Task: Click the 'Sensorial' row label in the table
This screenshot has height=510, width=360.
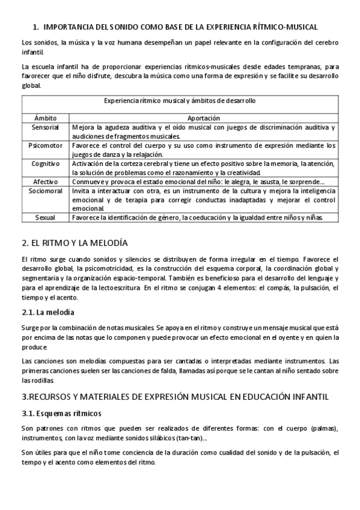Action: [46, 127]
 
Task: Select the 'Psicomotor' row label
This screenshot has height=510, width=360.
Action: [46, 146]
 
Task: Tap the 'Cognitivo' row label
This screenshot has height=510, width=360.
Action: [46, 163]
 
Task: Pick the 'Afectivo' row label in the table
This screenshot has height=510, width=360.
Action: [46, 181]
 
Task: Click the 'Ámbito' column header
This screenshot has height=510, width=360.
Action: [46, 118]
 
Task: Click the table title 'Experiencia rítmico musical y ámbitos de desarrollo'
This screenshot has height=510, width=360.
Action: [180, 100]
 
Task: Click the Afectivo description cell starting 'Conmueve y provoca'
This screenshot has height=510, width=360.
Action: [198, 181]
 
